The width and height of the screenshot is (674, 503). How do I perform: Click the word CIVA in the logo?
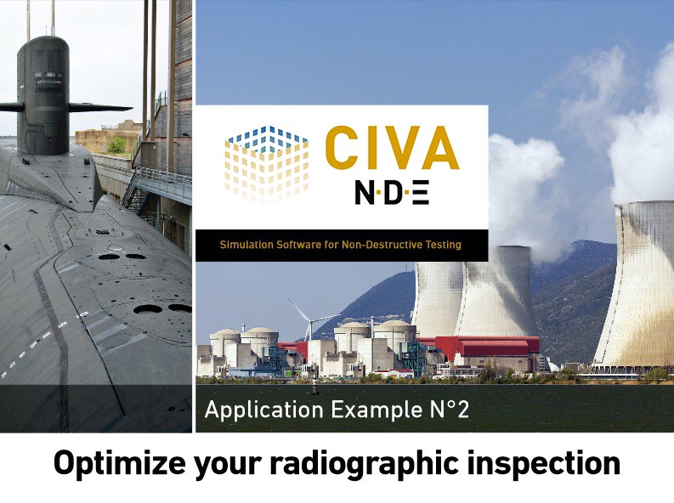pyautogui.click(x=392, y=148)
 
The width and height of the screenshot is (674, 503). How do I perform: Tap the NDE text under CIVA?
pyautogui.click(x=392, y=193)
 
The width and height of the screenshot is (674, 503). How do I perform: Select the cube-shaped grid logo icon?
pyautogui.click(x=267, y=164)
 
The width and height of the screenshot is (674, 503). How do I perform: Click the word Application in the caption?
pyautogui.click(x=264, y=410)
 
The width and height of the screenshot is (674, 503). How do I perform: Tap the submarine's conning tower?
pyautogui.click(x=43, y=94)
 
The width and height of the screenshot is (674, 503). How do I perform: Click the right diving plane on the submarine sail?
pyautogui.click(x=100, y=107)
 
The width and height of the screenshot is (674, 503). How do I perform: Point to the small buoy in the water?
pyautogui.click(x=314, y=390)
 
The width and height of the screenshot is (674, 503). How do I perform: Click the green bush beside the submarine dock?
pyautogui.click(x=116, y=144)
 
